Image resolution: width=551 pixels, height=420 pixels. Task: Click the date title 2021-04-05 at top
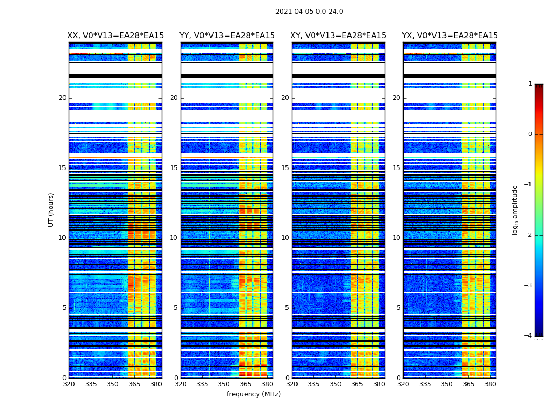[309, 12]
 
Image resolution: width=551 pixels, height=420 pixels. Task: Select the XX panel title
[115, 36]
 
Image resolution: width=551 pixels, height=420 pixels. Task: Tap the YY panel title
[227, 36]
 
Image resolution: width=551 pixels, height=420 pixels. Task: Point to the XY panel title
[338, 36]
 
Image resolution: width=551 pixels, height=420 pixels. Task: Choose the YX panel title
[450, 36]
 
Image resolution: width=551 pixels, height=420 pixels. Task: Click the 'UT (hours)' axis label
[51, 209]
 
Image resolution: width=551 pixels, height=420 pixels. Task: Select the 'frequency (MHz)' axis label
[253, 394]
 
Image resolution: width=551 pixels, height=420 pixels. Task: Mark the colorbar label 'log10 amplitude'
[515, 209]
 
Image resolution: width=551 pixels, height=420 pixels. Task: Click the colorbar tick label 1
[530, 84]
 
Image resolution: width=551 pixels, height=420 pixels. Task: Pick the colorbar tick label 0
[530, 134]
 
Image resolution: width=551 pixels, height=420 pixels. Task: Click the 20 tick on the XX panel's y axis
[62, 98]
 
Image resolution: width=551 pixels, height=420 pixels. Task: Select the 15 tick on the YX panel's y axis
[396, 168]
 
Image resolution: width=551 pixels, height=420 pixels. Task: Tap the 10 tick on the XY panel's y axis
[285, 238]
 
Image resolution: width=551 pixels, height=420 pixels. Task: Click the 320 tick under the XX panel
[69, 384]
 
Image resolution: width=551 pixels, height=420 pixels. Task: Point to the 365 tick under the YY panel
[246, 384]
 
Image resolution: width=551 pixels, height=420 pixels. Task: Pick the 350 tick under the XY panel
[335, 384]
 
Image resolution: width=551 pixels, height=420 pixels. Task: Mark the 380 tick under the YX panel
[490, 384]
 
